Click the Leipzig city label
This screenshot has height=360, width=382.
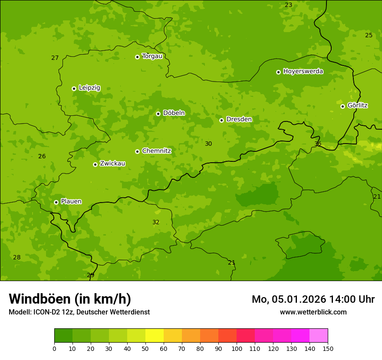point(89,88)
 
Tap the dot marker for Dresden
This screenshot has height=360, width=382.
point(221,120)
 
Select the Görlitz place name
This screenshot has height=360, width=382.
point(358,105)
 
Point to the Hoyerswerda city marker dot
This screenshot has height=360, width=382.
point(278,72)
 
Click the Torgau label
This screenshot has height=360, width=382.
point(152,56)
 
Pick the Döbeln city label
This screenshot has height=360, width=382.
point(174,113)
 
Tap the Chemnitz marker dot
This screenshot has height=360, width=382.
point(137,151)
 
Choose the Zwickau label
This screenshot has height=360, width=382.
point(112,164)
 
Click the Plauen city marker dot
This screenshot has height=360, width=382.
point(56,202)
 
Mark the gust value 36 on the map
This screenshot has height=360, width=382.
point(318,144)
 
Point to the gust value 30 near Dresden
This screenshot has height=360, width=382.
point(208,144)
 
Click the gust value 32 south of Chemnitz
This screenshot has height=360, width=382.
point(156,222)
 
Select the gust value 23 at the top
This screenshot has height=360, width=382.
point(288,5)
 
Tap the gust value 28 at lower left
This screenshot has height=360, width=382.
point(16,257)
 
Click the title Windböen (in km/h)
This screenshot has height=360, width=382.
point(70,299)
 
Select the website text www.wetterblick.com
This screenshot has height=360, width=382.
point(313,312)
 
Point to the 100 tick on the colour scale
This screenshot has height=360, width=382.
point(237,348)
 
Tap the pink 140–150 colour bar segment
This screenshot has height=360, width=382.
point(319,336)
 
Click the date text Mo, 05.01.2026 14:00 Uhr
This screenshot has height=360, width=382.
point(313,299)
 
